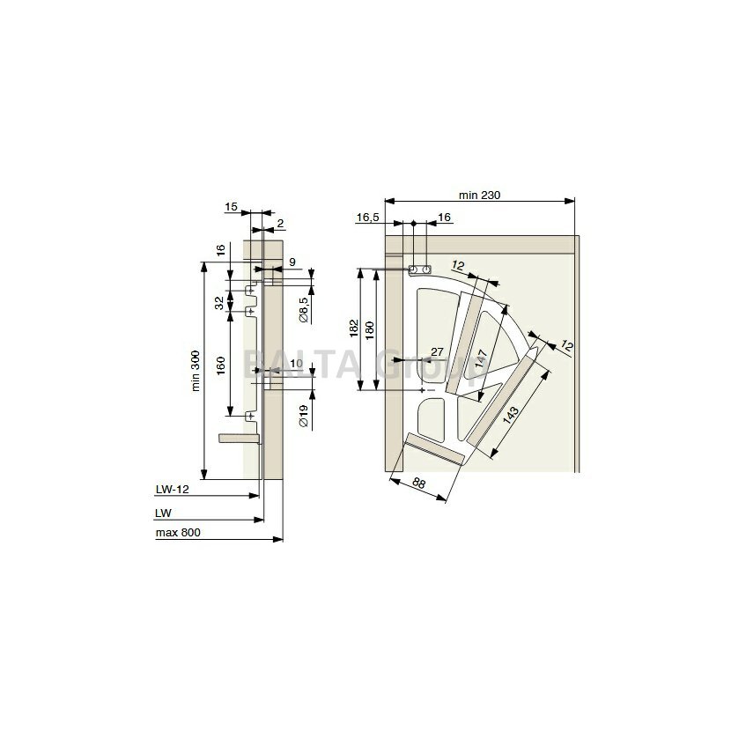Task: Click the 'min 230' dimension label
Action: (479, 195)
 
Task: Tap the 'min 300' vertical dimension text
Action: (196, 371)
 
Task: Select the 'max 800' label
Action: (178, 533)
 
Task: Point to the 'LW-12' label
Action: (172, 489)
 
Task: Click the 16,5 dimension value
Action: (368, 218)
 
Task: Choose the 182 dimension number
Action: (354, 329)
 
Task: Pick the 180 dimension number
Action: (370, 330)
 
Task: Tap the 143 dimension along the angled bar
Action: (511, 415)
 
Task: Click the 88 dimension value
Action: (418, 484)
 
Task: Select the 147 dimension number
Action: (481, 358)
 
